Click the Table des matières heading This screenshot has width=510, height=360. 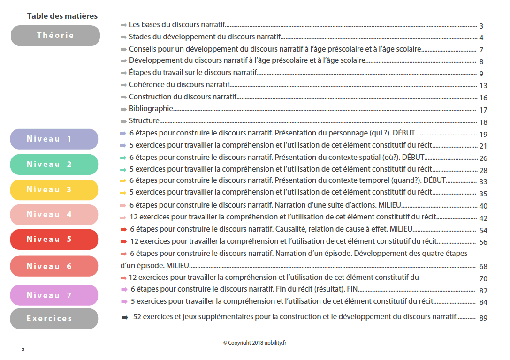click(x=62, y=16)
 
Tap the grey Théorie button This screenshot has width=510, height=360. click(x=55, y=36)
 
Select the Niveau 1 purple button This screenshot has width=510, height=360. click(x=54, y=139)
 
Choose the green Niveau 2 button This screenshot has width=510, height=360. click(x=54, y=165)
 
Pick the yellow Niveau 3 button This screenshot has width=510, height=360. click(x=54, y=190)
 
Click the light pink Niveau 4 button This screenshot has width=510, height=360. click(x=54, y=215)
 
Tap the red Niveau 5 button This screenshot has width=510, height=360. click(x=54, y=240)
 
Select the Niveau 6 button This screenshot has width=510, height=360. click(x=54, y=266)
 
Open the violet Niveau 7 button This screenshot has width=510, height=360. click(x=54, y=295)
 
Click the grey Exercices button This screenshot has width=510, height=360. click(x=54, y=319)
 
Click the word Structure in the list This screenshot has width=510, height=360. click(x=144, y=121)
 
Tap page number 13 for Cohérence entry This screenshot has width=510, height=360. click(x=484, y=86)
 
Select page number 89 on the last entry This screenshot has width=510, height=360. click(x=484, y=318)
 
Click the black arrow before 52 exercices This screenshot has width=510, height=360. click(x=125, y=317)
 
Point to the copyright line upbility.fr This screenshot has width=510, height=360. click(x=254, y=343)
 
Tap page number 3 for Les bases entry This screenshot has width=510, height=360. click(x=481, y=26)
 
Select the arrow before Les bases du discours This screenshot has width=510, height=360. click(x=123, y=24)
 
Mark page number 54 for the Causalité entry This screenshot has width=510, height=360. click(x=484, y=231)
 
